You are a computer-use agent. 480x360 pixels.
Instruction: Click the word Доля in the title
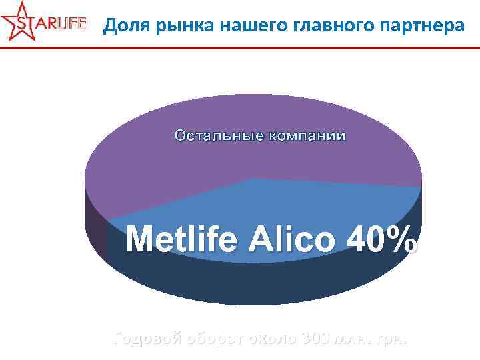125,26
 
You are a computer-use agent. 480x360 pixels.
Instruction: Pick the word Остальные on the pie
218,136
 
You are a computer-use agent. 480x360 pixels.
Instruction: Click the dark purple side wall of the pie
95,227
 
